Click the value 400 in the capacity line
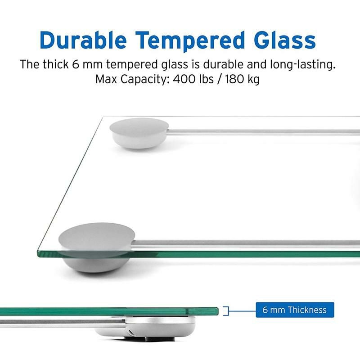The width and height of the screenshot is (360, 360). tap(180, 79)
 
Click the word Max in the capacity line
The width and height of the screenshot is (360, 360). tap(106, 79)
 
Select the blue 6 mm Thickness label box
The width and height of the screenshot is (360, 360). tap(295, 310)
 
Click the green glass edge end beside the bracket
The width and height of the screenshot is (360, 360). tap(217, 310)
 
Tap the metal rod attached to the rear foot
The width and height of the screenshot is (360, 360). tap(261, 132)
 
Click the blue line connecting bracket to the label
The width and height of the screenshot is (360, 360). tap(243, 310)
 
